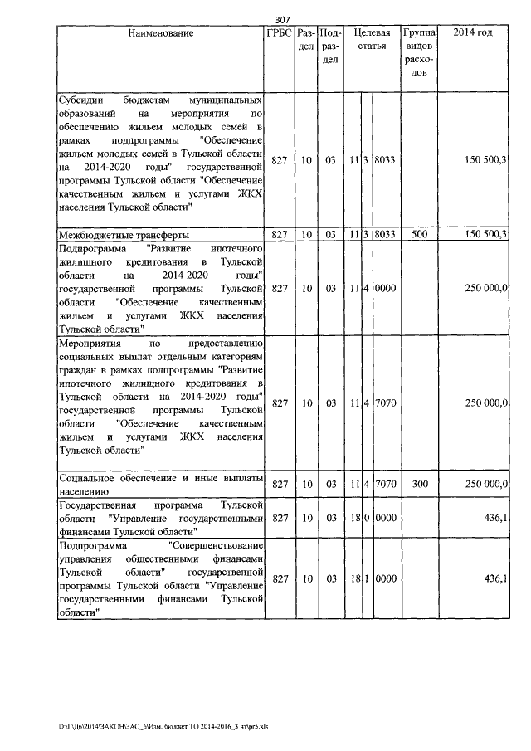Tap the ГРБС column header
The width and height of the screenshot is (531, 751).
(277, 33)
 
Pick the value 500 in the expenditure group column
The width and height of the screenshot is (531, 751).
(419, 234)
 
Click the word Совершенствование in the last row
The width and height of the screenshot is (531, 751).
(217, 545)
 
